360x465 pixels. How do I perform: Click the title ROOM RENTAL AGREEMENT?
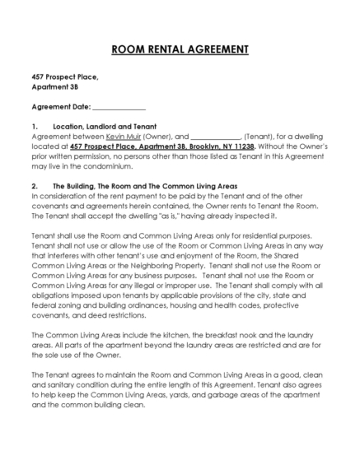pyautogui.click(x=180, y=49)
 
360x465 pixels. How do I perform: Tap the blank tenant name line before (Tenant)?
pyautogui.click(x=215, y=136)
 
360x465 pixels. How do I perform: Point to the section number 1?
pyautogui.click(x=34, y=126)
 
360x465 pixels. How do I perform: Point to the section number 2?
pyautogui.click(x=34, y=185)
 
